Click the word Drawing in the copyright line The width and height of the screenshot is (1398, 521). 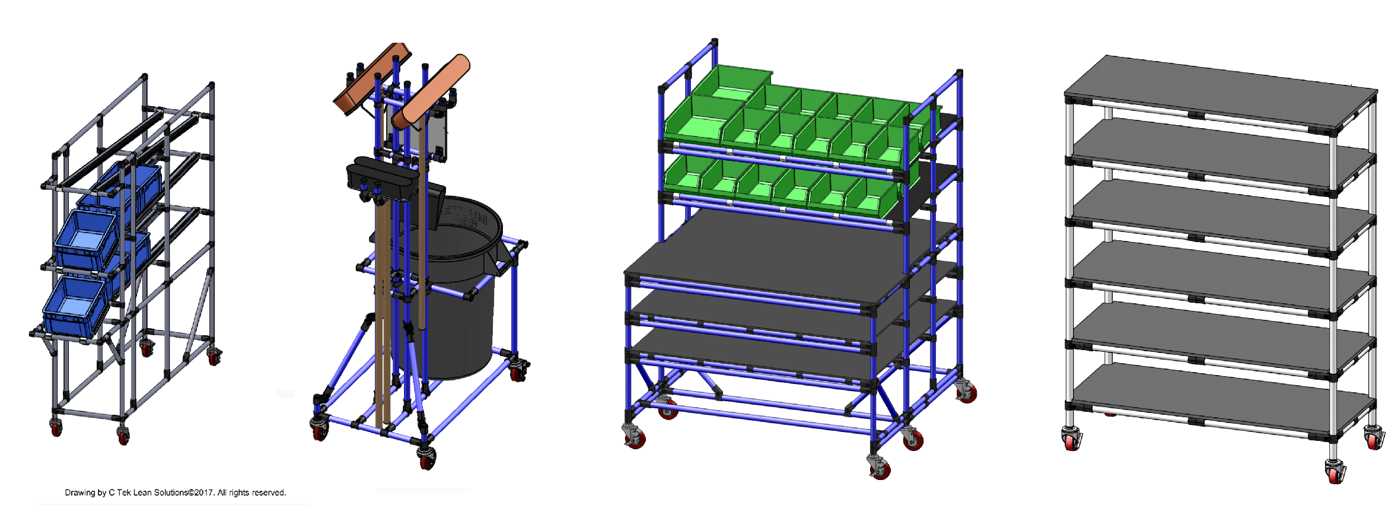point(79,493)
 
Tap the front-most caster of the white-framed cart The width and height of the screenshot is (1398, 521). point(1335,472)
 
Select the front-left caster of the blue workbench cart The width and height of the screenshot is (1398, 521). point(634,437)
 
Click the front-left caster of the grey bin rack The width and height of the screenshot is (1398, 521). point(56,427)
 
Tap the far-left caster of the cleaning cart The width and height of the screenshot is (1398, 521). point(319,428)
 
